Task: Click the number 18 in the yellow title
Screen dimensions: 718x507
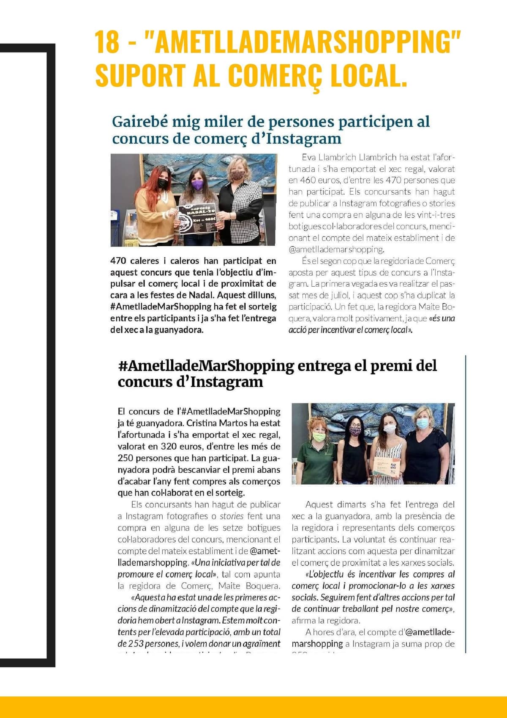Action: click(x=108, y=42)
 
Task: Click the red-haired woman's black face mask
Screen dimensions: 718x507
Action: click(x=163, y=183)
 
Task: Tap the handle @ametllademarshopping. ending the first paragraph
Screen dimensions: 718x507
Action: click(x=336, y=249)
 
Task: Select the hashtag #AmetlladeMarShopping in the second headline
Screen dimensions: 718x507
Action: click(x=206, y=366)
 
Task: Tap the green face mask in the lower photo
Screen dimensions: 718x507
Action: click(x=319, y=436)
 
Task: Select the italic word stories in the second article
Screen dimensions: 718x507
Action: click(x=232, y=516)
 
